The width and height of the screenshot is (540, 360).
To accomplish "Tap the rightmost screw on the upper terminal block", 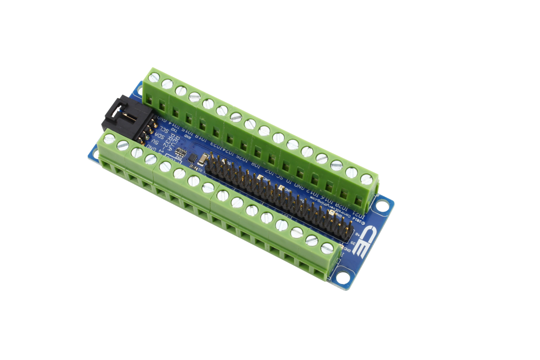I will tap(367, 179).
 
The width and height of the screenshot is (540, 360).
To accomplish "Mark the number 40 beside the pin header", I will tap(356, 234).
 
